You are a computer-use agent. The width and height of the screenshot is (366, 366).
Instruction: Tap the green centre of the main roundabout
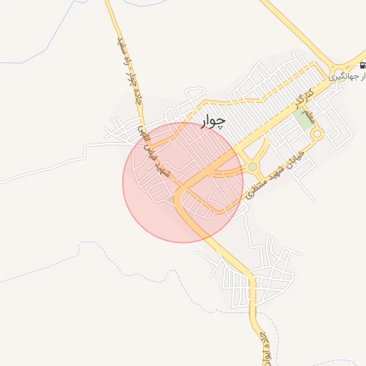252,167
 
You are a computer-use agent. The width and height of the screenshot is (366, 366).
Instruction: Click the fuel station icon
362,65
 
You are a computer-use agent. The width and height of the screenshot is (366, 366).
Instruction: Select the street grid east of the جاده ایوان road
275,275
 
